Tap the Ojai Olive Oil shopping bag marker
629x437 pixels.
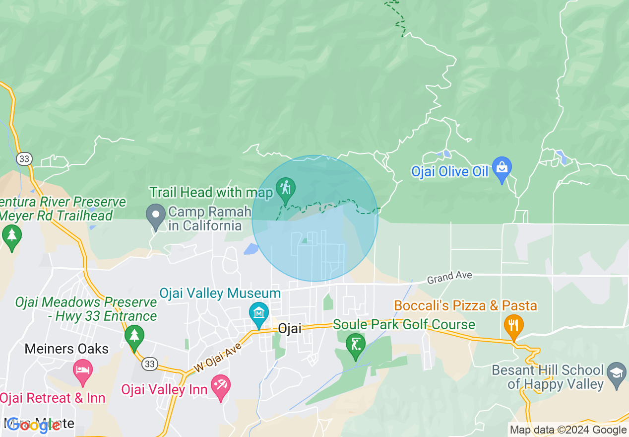[x=502, y=168]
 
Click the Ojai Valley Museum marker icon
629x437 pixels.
[x=259, y=313]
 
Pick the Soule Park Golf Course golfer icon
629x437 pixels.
[x=355, y=344]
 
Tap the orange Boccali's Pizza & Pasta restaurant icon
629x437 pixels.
[x=513, y=325]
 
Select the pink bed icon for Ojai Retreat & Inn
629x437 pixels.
[x=82, y=370]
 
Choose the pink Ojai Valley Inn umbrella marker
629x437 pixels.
[x=220, y=385]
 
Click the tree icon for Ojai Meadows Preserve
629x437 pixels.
[x=133, y=336]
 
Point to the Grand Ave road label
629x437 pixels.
[x=449, y=277]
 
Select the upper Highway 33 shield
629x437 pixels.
[x=24, y=158]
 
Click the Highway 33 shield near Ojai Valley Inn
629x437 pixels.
[x=149, y=364]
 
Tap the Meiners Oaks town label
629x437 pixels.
[x=66, y=349]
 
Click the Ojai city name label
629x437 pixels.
[x=290, y=329]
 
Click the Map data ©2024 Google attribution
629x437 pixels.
[x=568, y=430]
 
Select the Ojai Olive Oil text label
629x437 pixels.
[x=449, y=172]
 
